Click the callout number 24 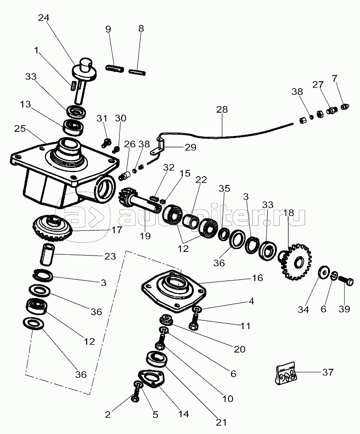point(43,18)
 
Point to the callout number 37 point(328,372)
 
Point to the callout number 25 point(19,129)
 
